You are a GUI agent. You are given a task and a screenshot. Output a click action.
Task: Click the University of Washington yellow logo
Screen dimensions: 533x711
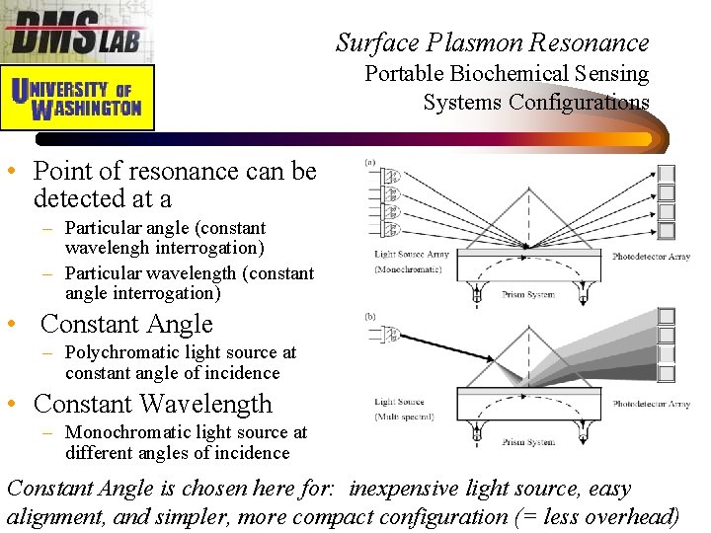coord(77,97)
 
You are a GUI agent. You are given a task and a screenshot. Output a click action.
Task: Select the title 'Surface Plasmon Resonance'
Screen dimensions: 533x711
coord(492,42)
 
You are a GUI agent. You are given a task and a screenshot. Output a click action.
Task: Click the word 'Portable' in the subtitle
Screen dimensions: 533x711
coord(405,73)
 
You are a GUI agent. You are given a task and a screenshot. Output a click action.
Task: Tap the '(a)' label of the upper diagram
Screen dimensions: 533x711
coord(369,162)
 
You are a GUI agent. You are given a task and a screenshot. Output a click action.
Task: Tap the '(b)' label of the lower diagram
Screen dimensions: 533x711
coord(369,317)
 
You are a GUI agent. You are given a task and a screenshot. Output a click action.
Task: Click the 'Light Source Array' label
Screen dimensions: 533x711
coord(411,255)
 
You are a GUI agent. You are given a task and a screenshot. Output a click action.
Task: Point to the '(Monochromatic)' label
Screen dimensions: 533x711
coord(407,269)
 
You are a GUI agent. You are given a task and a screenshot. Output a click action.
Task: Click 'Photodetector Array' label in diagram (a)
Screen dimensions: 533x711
coord(651,257)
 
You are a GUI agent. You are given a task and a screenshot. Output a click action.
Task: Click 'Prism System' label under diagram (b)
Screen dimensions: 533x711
coord(528,443)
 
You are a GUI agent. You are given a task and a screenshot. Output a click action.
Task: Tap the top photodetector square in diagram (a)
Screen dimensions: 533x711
coord(667,173)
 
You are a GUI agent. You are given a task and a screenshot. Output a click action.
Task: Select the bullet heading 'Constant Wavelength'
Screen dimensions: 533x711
coord(153,404)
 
